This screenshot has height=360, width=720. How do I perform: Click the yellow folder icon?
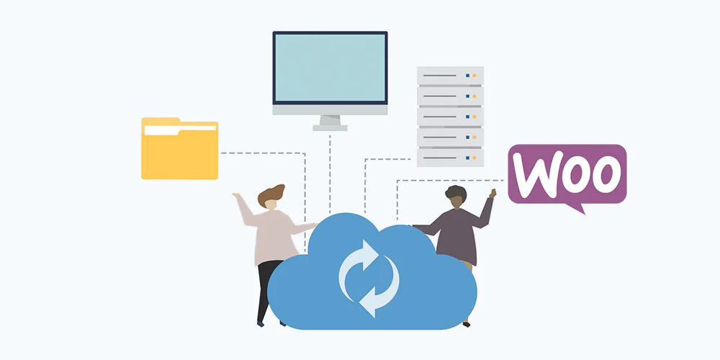[x=179, y=148]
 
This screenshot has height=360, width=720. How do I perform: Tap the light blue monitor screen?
[x=330, y=68]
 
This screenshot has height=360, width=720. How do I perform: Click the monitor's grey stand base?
[x=330, y=127]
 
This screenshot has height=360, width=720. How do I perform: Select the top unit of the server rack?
[x=450, y=76]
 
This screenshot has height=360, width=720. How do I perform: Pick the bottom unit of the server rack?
[x=450, y=158]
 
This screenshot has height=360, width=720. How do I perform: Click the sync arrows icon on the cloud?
[x=369, y=278]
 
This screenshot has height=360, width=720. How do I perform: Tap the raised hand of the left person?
[x=236, y=196]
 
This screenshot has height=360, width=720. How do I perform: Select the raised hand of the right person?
[x=493, y=193]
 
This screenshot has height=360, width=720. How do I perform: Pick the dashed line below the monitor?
[x=330, y=174]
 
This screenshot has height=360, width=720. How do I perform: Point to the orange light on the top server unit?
[x=474, y=76]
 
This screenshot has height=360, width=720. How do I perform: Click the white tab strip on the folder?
[x=180, y=130]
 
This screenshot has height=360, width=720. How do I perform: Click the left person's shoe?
[x=261, y=324]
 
